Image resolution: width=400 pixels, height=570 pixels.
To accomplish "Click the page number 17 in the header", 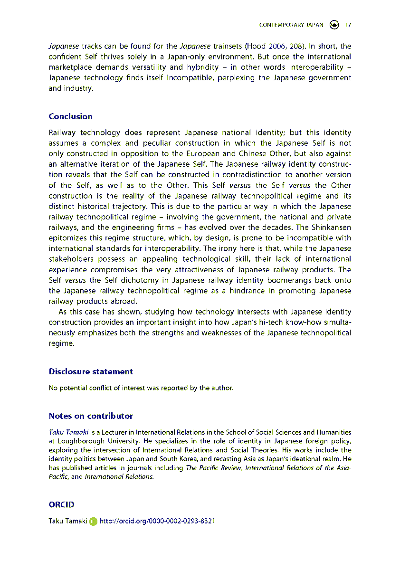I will [348, 25].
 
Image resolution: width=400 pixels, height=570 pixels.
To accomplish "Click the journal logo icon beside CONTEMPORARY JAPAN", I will [334, 25].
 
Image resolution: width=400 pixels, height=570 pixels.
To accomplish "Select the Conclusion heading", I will [70, 116].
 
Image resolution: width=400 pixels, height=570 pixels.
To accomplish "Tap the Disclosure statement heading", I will [91, 371].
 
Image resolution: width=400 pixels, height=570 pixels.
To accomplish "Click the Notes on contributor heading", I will [91, 416].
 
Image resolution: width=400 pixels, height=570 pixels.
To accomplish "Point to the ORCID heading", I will [61, 505].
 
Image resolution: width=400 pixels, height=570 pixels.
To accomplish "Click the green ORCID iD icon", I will [93, 521].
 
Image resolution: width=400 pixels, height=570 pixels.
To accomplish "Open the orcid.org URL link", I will [157, 521].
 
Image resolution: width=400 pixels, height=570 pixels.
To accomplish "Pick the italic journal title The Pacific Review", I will [213, 468].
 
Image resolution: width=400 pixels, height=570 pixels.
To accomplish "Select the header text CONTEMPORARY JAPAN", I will [291, 25].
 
